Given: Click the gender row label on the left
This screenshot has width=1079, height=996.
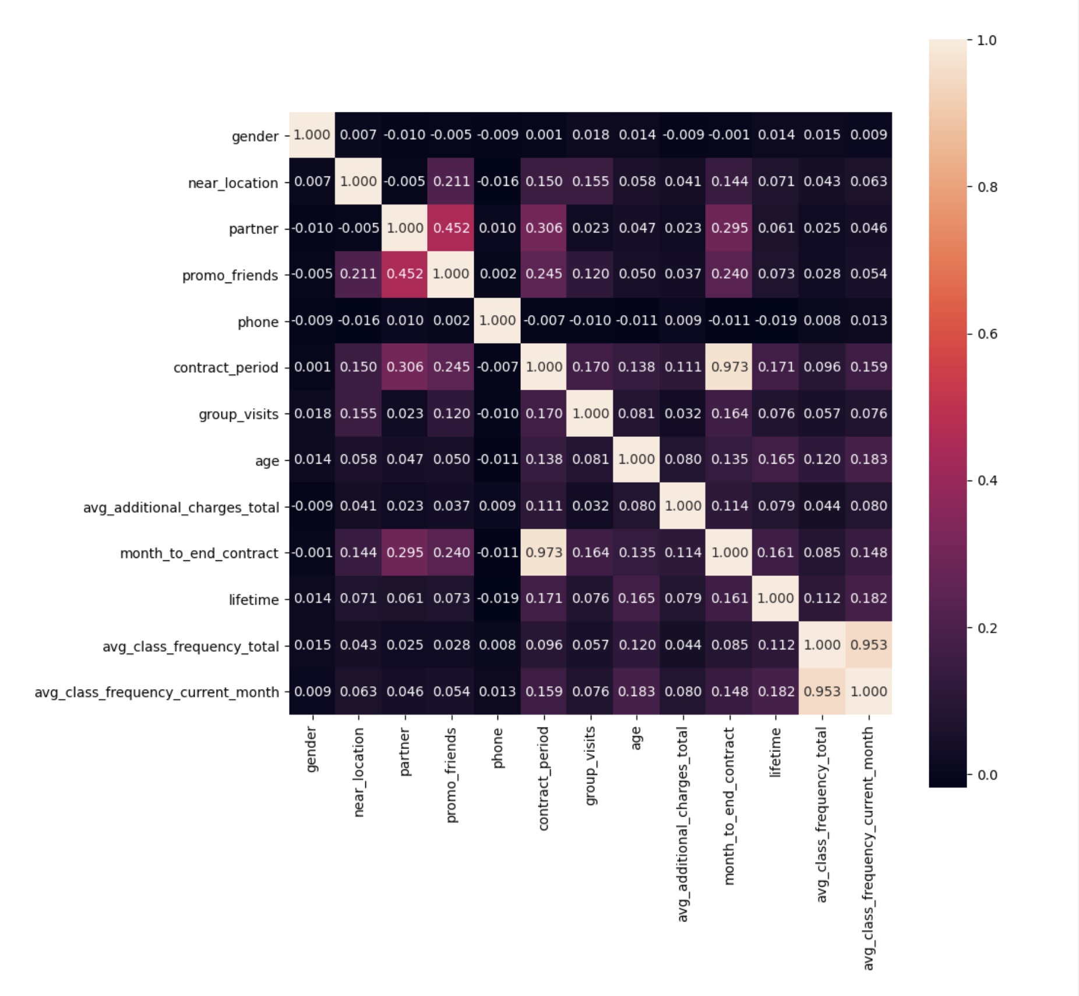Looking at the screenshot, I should click(255, 136).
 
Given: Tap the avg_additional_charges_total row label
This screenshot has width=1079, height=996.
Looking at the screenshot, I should click(181, 507).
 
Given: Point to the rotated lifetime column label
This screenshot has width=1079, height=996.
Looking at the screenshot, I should click(775, 752).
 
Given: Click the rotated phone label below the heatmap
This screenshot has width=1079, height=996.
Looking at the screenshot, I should click(498, 748).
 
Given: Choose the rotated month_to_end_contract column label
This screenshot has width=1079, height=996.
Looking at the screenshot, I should click(729, 806).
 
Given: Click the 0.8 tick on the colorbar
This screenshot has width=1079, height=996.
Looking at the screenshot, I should click(987, 187).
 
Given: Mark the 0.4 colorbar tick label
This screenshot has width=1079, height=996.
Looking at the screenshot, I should click(987, 481).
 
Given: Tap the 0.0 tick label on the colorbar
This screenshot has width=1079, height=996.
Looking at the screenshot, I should click(987, 775).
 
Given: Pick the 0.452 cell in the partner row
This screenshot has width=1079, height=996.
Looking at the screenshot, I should click(451, 228).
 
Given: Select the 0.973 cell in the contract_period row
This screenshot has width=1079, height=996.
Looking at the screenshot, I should click(729, 367).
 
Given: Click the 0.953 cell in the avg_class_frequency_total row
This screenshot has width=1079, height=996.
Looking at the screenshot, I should click(869, 645).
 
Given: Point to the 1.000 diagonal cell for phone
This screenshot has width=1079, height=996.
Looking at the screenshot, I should click(498, 320).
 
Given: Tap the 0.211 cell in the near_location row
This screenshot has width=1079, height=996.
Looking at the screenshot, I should click(451, 181).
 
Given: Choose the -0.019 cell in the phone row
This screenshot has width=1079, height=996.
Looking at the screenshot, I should click(775, 320).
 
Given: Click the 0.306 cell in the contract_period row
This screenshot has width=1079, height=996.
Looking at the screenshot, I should click(405, 367).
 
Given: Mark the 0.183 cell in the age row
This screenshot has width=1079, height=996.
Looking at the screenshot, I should click(869, 460).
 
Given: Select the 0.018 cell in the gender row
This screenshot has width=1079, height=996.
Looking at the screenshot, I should click(590, 135).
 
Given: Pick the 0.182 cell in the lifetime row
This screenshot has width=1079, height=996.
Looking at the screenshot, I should click(869, 598).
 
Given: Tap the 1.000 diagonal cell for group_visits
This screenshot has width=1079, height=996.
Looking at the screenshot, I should click(590, 414).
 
